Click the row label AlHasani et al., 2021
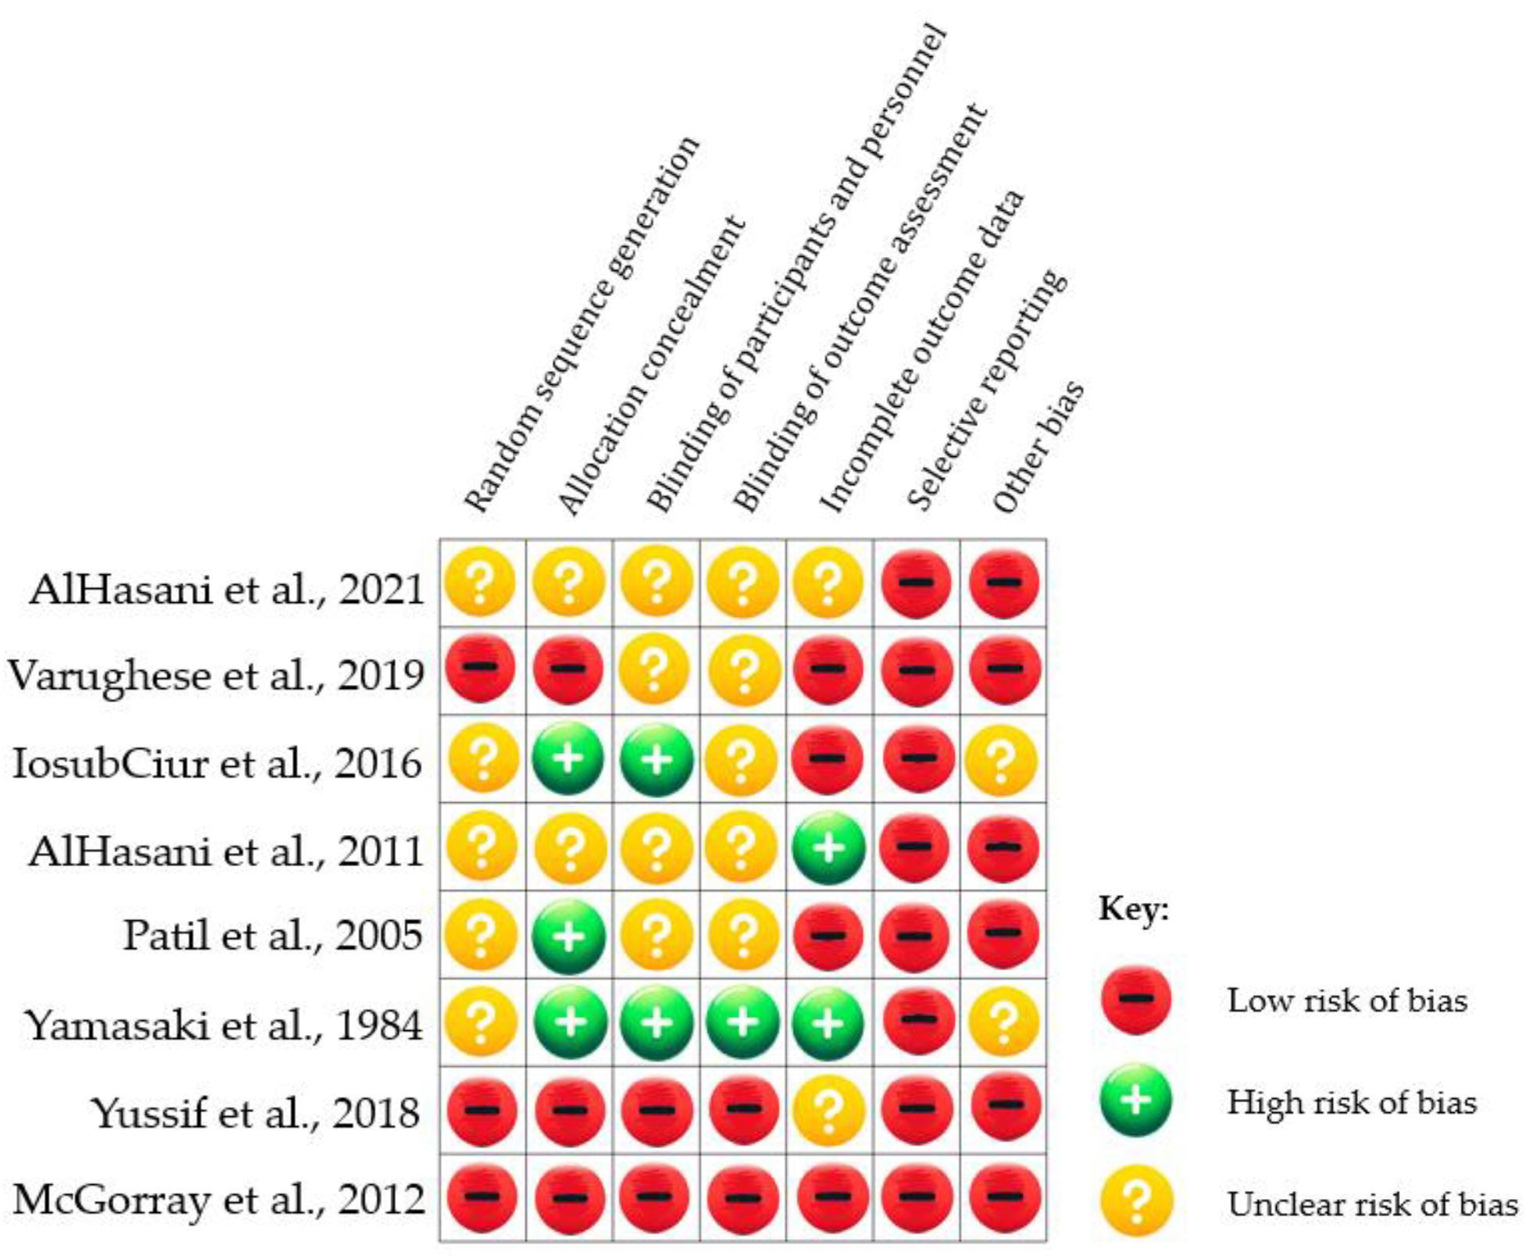[x=227, y=590]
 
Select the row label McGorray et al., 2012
[x=219, y=1199]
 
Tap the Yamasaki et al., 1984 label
[x=224, y=1025]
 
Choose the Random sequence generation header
[x=581, y=324]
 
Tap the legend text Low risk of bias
[x=1347, y=1001]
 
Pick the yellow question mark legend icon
[x=1137, y=1200]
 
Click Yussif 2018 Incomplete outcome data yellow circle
[x=829, y=1109]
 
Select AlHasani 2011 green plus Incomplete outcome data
[x=829, y=847]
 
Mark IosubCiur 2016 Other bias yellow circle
[x=1002, y=759]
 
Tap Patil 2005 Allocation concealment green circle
[x=569, y=936]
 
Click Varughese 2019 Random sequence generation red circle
[x=480, y=669]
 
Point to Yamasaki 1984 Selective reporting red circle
[x=916, y=1021]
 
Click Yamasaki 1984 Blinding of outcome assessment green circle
[x=742, y=1022]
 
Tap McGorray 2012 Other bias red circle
[x=1004, y=1197]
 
